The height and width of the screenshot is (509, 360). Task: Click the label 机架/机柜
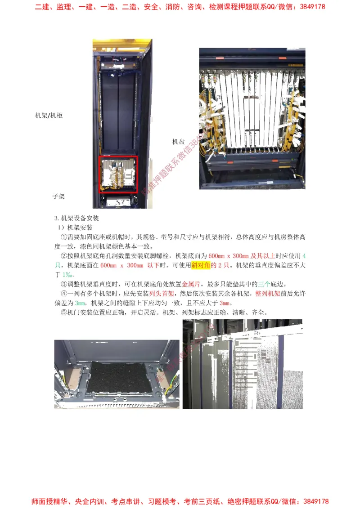(49, 116)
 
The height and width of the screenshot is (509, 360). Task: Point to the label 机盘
(179, 142)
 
